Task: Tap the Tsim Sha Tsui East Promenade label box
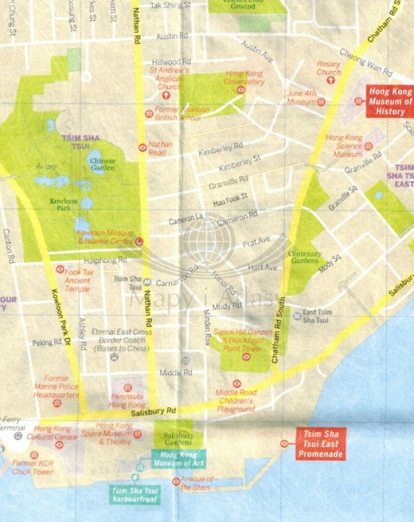point(320,443)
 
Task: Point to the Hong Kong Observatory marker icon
point(241,90)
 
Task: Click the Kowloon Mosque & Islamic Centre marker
point(139,241)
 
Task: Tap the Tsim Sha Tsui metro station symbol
point(148,282)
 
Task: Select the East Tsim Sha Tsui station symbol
point(298,315)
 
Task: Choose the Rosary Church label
point(328,68)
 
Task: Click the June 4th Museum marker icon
point(321,101)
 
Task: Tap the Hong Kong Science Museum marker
point(368,147)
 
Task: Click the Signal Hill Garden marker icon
point(246,357)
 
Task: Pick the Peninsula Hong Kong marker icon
point(128,388)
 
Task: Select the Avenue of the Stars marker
point(176,482)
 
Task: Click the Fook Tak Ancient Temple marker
point(60,269)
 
